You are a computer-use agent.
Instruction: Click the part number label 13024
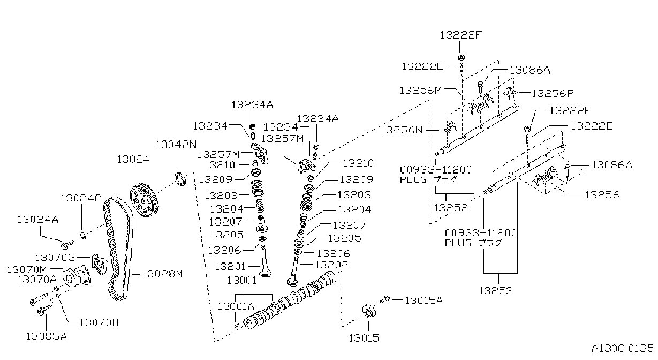(x=133, y=159)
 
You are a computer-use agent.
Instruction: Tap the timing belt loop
(x=117, y=249)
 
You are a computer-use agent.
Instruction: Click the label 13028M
(x=162, y=274)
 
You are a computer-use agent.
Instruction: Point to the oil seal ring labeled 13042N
(x=180, y=179)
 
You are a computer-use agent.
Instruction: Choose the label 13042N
(x=176, y=145)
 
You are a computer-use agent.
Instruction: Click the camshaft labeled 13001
(x=290, y=301)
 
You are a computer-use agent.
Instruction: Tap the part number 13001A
(x=236, y=306)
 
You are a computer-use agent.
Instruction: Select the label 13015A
(x=423, y=301)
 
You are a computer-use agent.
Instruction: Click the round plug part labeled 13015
(x=368, y=311)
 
